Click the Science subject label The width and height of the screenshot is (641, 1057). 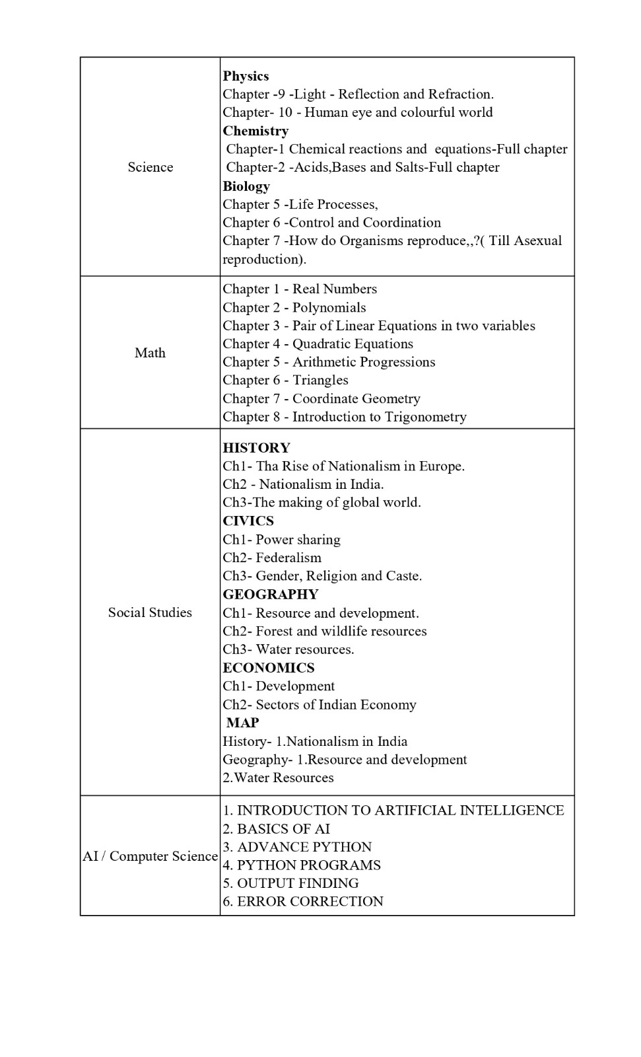151,167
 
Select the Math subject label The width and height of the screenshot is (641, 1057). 150,353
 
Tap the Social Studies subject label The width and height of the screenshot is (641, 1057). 150,612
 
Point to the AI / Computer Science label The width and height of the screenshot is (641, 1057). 150,856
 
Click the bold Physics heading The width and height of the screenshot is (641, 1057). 246,76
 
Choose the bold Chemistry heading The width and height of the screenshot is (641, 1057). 255,131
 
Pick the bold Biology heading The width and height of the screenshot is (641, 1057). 246,186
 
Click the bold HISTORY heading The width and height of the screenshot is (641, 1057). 256,448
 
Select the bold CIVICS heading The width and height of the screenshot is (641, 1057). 248,521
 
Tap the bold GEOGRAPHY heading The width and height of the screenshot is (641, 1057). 271,594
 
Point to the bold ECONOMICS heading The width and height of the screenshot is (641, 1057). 269,667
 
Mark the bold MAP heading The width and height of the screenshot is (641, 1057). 242,723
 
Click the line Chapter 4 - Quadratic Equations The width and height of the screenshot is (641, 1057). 318,344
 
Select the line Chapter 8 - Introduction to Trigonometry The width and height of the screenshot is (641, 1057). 344,417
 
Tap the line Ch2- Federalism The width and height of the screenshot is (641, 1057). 272,558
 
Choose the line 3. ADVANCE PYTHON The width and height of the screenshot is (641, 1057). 297,847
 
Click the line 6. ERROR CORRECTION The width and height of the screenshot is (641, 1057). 303,902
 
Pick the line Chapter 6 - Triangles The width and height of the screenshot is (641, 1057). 285,380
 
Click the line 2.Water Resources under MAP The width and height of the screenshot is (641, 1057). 278,778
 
